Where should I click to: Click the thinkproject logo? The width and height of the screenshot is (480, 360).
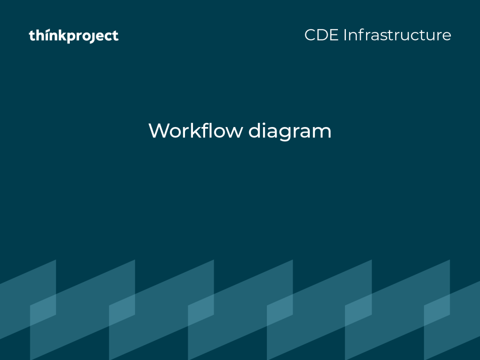(x=74, y=36)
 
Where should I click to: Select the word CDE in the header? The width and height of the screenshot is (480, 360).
(x=322, y=35)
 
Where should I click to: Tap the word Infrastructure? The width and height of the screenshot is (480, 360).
(x=397, y=35)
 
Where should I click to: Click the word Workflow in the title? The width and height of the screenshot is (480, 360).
(x=195, y=130)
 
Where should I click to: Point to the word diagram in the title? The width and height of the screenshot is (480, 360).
(x=290, y=132)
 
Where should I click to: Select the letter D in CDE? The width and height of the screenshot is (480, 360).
(x=323, y=35)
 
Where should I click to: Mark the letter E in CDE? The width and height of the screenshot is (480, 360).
(x=335, y=35)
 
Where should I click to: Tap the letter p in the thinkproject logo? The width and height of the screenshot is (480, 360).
(x=71, y=37)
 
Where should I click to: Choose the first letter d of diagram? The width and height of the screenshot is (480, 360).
(x=255, y=130)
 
